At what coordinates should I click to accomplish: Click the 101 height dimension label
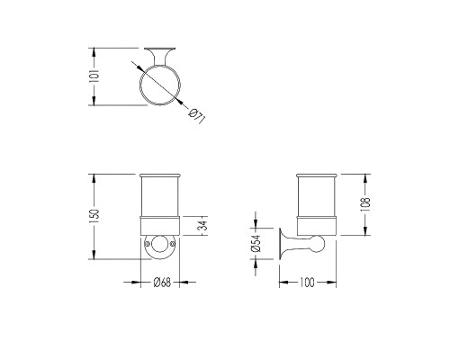pyautogui.click(x=94, y=76)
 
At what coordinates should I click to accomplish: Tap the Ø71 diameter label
pyautogui.click(x=197, y=117)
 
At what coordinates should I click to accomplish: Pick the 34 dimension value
pyautogui.click(x=203, y=226)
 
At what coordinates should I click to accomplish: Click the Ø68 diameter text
pyautogui.click(x=162, y=283)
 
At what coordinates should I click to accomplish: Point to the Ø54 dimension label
pyautogui.click(x=256, y=243)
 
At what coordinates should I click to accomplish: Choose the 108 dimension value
pyautogui.click(x=365, y=204)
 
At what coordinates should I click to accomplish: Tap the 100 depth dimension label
pyautogui.click(x=307, y=283)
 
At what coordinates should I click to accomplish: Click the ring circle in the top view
pyautogui.click(x=160, y=67)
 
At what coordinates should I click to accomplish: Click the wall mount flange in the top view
pyautogui.click(x=160, y=49)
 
